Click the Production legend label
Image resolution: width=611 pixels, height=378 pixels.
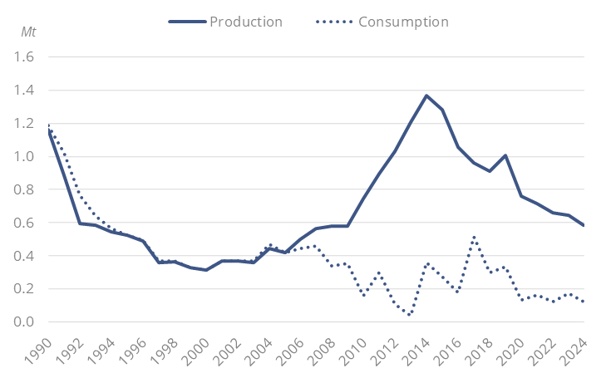[x=246, y=22]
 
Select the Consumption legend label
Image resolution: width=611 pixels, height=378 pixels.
[x=403, y=22]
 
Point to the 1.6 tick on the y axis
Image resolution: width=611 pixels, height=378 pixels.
[x=25, y=57]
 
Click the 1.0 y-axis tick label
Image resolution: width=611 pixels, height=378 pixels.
[x=25, y=156]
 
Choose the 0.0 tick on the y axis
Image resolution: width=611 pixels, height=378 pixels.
[x=25, y=322]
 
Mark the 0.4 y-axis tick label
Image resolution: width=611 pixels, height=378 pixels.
[x=25, y=256]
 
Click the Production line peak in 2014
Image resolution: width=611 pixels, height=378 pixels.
[x=426, y=96]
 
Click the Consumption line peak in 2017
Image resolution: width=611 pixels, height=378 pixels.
[x=474, y=238]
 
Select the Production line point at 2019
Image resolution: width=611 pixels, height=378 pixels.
[x=505, y=155]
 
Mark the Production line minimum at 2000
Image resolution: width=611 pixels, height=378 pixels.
[x=206, y=270]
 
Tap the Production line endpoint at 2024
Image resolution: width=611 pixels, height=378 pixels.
[x=584, y=225]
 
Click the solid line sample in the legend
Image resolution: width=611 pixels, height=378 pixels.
[x=186, y=22]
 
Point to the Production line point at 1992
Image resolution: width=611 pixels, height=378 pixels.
[x=80, y=223]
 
